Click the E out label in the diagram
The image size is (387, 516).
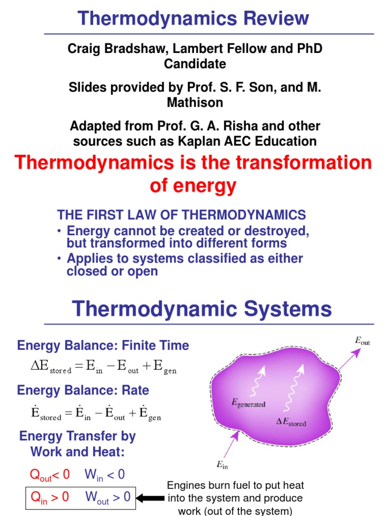coord(362,342)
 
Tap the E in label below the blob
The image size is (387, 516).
coord(222,465)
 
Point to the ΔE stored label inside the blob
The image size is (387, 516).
coord(291,422)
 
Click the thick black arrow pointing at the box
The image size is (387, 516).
coord(150,498)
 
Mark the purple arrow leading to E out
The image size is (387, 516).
coord(349,361)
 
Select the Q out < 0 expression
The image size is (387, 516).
coord(50,474)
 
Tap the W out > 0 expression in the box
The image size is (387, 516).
coord(107,497)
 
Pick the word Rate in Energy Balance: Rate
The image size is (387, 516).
coord(135,390)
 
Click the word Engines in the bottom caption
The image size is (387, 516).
coord(186,485)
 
